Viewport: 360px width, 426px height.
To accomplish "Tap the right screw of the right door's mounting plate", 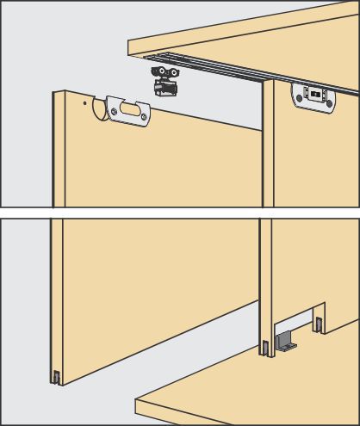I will (x=328, y=98).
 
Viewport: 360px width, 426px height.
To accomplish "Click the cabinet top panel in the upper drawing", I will (x=258, y=34).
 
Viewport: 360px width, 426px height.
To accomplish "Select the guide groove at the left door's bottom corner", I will (x=56, y=376).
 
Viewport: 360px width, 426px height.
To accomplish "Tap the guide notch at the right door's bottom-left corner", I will (x=264, y=349).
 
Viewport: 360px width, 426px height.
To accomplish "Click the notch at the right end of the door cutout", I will (x=319, y=326).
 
